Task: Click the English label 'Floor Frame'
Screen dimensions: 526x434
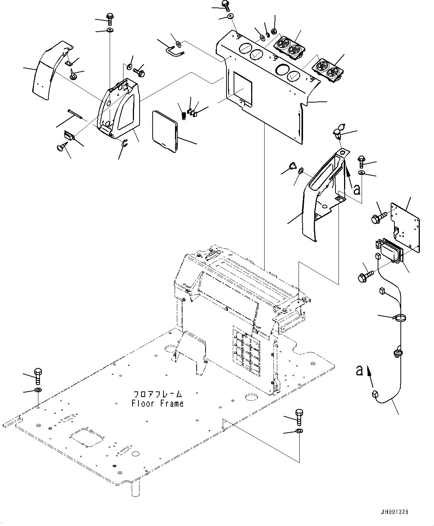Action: click(x=157, y=403)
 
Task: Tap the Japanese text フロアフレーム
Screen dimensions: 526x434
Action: click(x=157, y=394)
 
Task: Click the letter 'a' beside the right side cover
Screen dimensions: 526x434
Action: click(x=357, y=189)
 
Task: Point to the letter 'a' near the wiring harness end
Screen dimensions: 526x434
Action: click(x=360, y=370)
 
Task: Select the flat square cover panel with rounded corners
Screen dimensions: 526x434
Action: click(x=164, y=131)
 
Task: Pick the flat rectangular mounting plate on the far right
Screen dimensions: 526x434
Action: click(x=405, y=225)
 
